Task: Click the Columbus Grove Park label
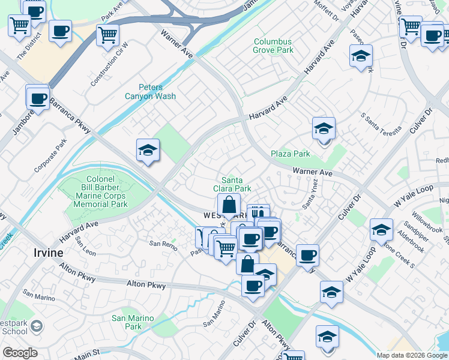click(273, 46)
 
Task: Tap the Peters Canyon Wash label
click(150, 92)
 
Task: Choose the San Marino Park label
click(133, 322)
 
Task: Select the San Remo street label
click(163, 244)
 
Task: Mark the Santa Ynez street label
click(310, 194)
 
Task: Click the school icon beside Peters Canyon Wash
click(148, 151)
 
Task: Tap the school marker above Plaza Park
click(324, 128)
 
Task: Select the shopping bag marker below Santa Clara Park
click(229, 205)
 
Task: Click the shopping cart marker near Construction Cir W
click(107, 35)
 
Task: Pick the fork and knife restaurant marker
click(258, 214)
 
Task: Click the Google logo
click(20, 353)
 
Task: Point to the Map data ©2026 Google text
click(411, 355)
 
